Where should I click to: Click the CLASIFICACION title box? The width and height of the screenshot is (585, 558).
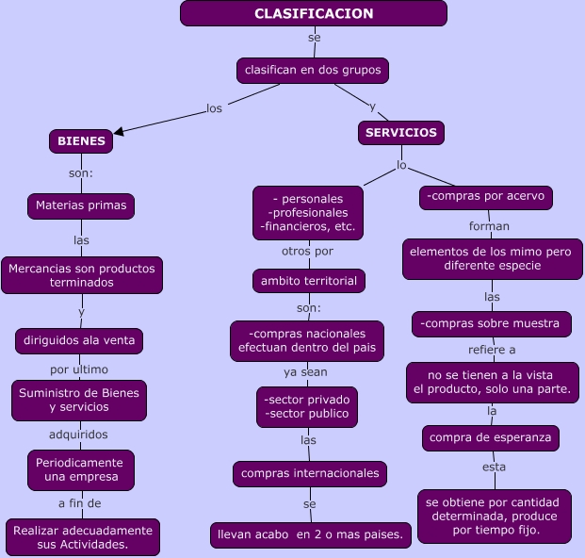coord(314,13)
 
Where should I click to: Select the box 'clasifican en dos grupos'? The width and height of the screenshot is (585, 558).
coord(312,71)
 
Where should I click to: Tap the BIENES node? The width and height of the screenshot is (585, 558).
coord(81,140)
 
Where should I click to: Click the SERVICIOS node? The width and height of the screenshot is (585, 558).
coord(401,133)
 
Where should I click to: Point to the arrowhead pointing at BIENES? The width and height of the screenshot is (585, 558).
coord(120,131)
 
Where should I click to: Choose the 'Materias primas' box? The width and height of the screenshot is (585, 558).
coord(82,205)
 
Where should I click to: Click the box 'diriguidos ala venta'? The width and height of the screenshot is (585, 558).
coord(79,341)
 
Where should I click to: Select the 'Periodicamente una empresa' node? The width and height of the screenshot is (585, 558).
coord(80,469)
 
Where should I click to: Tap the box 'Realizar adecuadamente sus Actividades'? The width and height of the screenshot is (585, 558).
coord(82,537)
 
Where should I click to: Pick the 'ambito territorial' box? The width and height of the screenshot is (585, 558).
coord(309,281)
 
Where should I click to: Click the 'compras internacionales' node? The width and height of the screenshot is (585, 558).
coord(310,473)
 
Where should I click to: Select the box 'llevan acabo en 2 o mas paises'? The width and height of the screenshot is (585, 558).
coord(310,535)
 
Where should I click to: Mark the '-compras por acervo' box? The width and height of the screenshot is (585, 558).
coord(485,197)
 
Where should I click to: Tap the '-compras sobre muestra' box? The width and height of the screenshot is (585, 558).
coord(491,324)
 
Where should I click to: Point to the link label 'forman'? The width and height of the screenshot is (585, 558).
coord(489,226)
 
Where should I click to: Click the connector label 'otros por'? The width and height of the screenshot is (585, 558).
coord(307,252)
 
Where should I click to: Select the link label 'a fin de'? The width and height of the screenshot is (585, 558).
coord(80,503)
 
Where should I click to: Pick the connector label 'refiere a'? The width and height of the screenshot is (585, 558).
coord(492,350)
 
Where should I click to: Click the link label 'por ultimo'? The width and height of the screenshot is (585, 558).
coord(79,369)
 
